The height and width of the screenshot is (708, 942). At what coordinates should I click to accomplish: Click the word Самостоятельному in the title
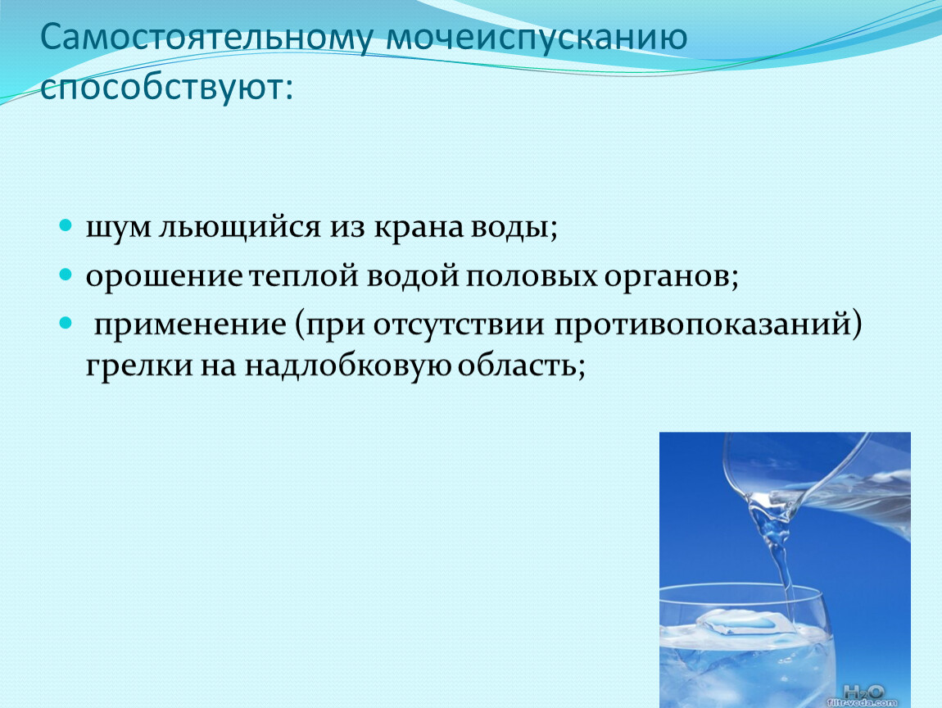point(206,37)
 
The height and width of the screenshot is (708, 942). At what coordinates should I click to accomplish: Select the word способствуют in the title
point(161,88)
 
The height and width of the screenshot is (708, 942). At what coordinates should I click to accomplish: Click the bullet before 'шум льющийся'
point(66,226)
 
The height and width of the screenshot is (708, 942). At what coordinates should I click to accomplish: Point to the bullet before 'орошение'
point(66,275)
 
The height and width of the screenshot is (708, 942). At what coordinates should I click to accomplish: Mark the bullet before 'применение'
point(66,324)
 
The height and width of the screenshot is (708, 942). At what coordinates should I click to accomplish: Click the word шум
point(118,229)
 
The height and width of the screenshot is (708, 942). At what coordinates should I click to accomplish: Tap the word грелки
point(138,366)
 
